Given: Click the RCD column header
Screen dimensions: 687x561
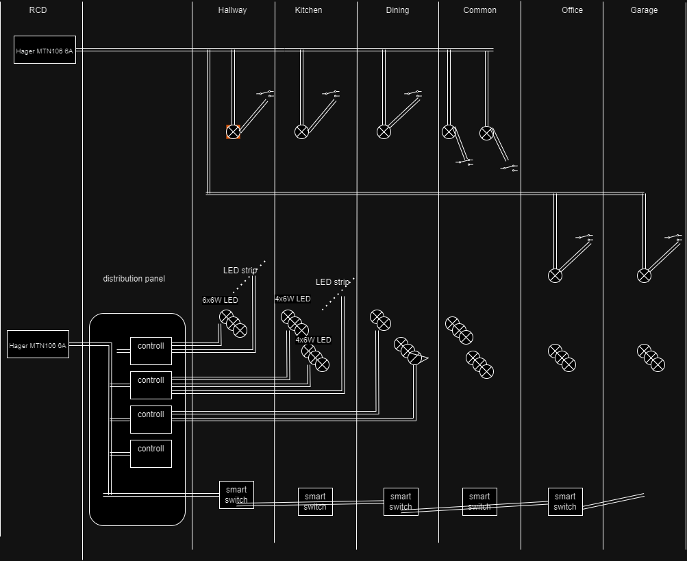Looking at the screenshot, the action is pos(38,10).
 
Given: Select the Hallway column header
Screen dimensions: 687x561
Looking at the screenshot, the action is pos(232,10).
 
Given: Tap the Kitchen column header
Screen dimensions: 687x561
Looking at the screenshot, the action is pos(308,10).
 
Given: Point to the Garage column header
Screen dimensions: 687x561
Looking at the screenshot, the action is pos(644,10).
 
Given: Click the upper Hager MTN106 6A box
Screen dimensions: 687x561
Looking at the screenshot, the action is pos(45,50).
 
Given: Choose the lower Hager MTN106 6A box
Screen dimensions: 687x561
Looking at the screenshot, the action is pos(38,345).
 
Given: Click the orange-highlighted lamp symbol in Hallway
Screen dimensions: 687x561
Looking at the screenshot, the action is pos(233,132).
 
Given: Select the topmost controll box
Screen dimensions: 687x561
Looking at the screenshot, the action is pos(151,351).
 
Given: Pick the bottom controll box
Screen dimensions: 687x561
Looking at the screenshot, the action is pos(151,453).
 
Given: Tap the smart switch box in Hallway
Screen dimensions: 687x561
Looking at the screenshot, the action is pos(236,495).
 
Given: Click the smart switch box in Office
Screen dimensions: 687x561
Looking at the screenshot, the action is pos(565,502).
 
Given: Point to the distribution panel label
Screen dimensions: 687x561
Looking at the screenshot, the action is pos(134,279).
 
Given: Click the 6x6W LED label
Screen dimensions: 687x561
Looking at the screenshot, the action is pos(220,300).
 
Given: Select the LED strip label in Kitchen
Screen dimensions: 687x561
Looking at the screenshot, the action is pos(332,282).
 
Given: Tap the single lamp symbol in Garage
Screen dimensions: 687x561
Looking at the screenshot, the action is pos(644,275).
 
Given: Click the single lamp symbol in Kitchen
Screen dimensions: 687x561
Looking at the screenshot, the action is pos(301,132).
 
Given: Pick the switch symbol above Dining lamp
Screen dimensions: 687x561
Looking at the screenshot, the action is pos(413,93).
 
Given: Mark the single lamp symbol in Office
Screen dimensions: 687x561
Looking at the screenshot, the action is pos(555,275).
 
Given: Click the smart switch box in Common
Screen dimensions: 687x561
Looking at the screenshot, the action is pos(479,502).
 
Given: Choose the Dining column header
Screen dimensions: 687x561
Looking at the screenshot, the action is pos(397,10).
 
